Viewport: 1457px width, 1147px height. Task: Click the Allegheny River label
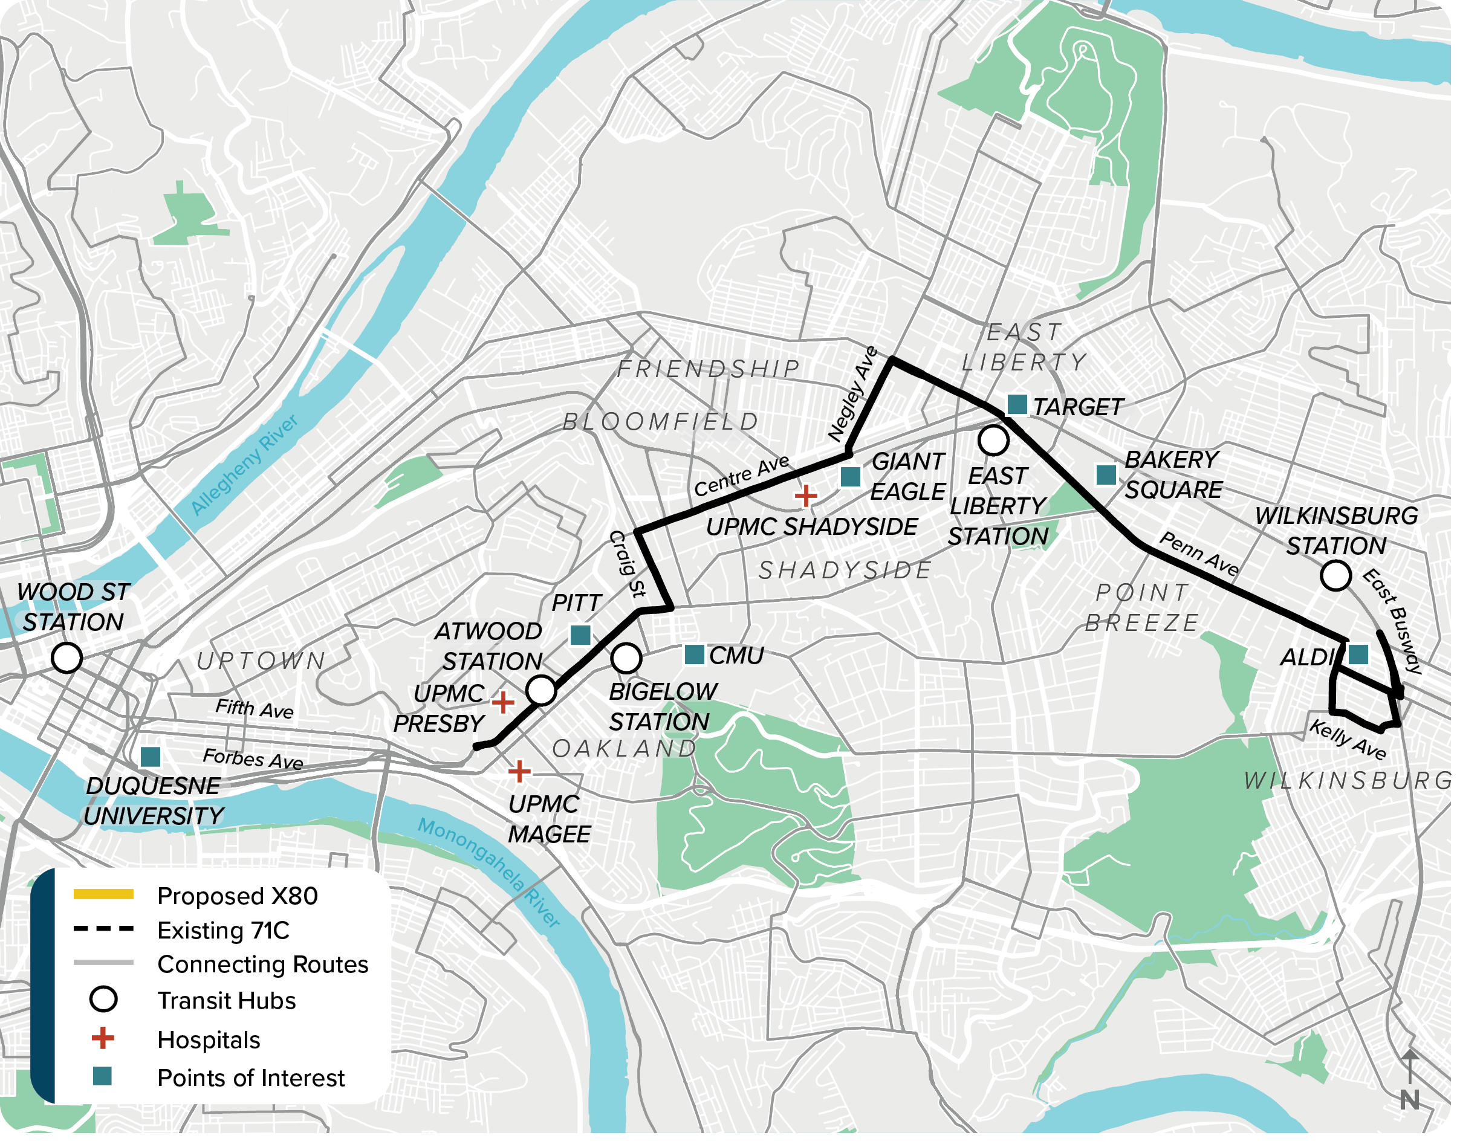pyautogui.click(x=245, y=466)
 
